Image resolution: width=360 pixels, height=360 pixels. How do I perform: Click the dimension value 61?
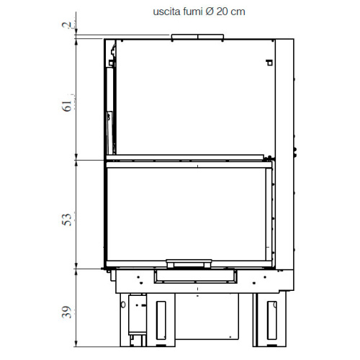(x=68, y=106)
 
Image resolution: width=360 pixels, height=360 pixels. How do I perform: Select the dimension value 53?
(x=68, y=217)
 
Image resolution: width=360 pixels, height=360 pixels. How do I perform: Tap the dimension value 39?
(x=68, y=312)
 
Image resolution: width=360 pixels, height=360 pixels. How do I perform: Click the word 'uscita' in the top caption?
(x=166, y=12)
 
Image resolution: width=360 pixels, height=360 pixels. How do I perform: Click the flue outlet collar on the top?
(x=197, y=36)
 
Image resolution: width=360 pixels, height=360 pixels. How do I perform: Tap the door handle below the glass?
(x=189, y=263)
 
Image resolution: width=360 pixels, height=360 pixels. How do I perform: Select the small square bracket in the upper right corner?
(x=269, y=62)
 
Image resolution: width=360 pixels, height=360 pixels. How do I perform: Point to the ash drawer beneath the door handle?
(x=197, y=275)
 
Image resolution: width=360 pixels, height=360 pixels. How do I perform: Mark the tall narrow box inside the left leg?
(x=134, y=317)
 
